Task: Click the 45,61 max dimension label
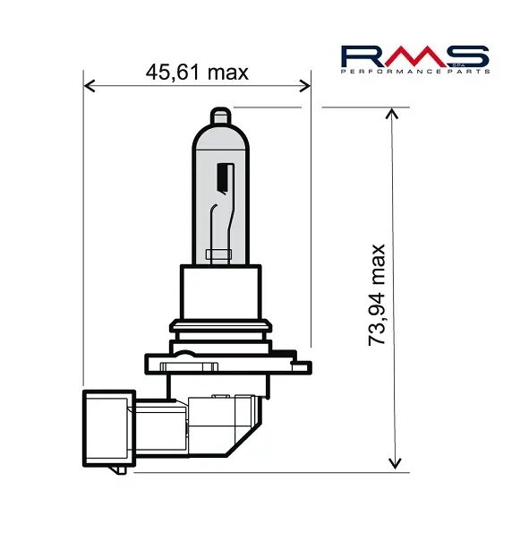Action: (x=197, y=72)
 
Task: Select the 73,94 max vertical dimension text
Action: (x=377, y=294)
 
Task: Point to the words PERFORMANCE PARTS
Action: (x=415, y=72)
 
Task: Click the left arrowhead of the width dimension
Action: (x=88, y=87)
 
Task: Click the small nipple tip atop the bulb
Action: (x=221, y=116)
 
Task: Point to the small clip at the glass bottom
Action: (x=219, y=254)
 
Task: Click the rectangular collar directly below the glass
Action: (x=220, y=292)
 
